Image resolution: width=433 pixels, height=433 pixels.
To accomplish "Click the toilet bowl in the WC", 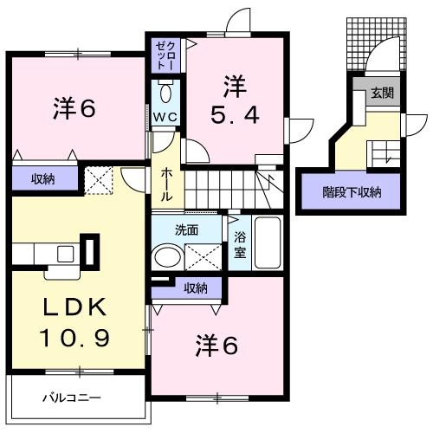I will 168,91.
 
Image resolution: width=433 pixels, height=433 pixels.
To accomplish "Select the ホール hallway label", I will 167,185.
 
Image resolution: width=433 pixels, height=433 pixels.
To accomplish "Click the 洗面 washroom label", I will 187,231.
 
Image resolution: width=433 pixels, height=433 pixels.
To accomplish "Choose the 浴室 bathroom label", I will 238,244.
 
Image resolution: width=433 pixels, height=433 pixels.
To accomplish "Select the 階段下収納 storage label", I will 352,192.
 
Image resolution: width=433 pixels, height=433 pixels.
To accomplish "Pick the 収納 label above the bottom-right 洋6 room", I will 196,288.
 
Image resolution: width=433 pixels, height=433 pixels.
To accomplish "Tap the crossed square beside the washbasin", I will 202,257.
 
